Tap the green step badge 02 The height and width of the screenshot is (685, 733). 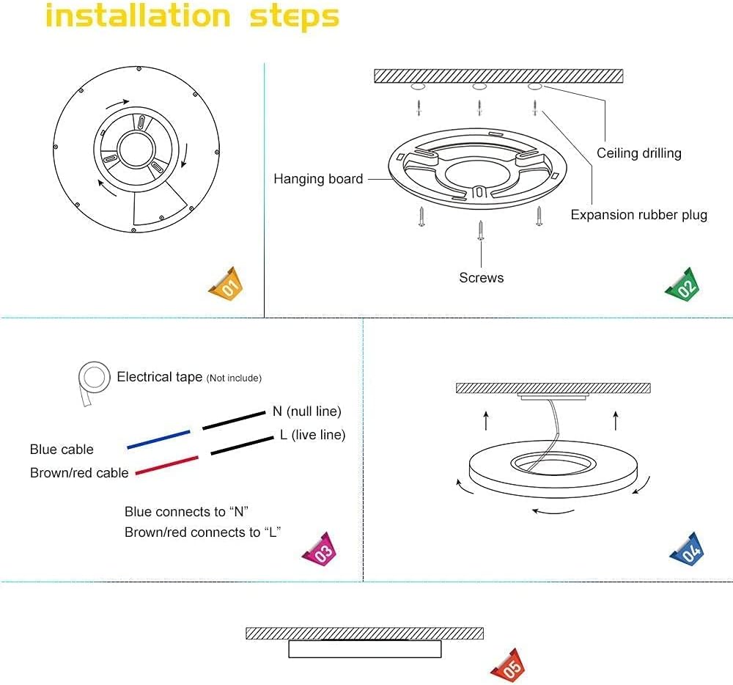pyautogui.click(x=682, y=285)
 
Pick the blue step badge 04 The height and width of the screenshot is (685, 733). pyautogui.click(x=687, y=550)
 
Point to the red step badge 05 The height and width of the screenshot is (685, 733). pyautogui.click(x=509, y=664)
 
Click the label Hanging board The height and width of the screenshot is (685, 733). pyautogui.click(x=318, y=179)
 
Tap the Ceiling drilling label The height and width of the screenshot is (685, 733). pyautogui.click(x=638, y=153)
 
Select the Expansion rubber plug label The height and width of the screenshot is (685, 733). pyautogui.click(x=638, y=215)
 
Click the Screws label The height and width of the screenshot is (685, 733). pyautogui.click(x=482, y=278)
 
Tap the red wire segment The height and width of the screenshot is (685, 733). pyautogui.click(x=166, y=465)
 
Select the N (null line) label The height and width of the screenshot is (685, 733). pyautogui.click(x=307, y=411)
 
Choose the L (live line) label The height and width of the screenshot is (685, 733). pyautogui.click(x=312, y=435)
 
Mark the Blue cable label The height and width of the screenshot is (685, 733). pyautogui.click(x=62, y=450)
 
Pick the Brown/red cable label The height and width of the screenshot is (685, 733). pyautogui.click(x=79, y=473)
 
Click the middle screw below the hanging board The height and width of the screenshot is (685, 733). pyautogui.click(x=480, y=230)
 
